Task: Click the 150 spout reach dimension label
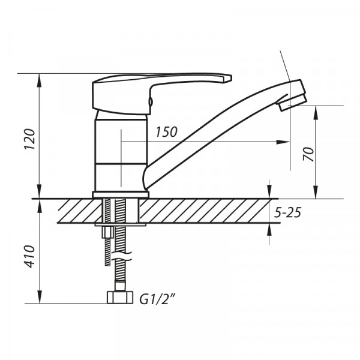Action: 166,133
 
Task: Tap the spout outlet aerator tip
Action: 293,101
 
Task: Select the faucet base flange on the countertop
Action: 121,194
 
